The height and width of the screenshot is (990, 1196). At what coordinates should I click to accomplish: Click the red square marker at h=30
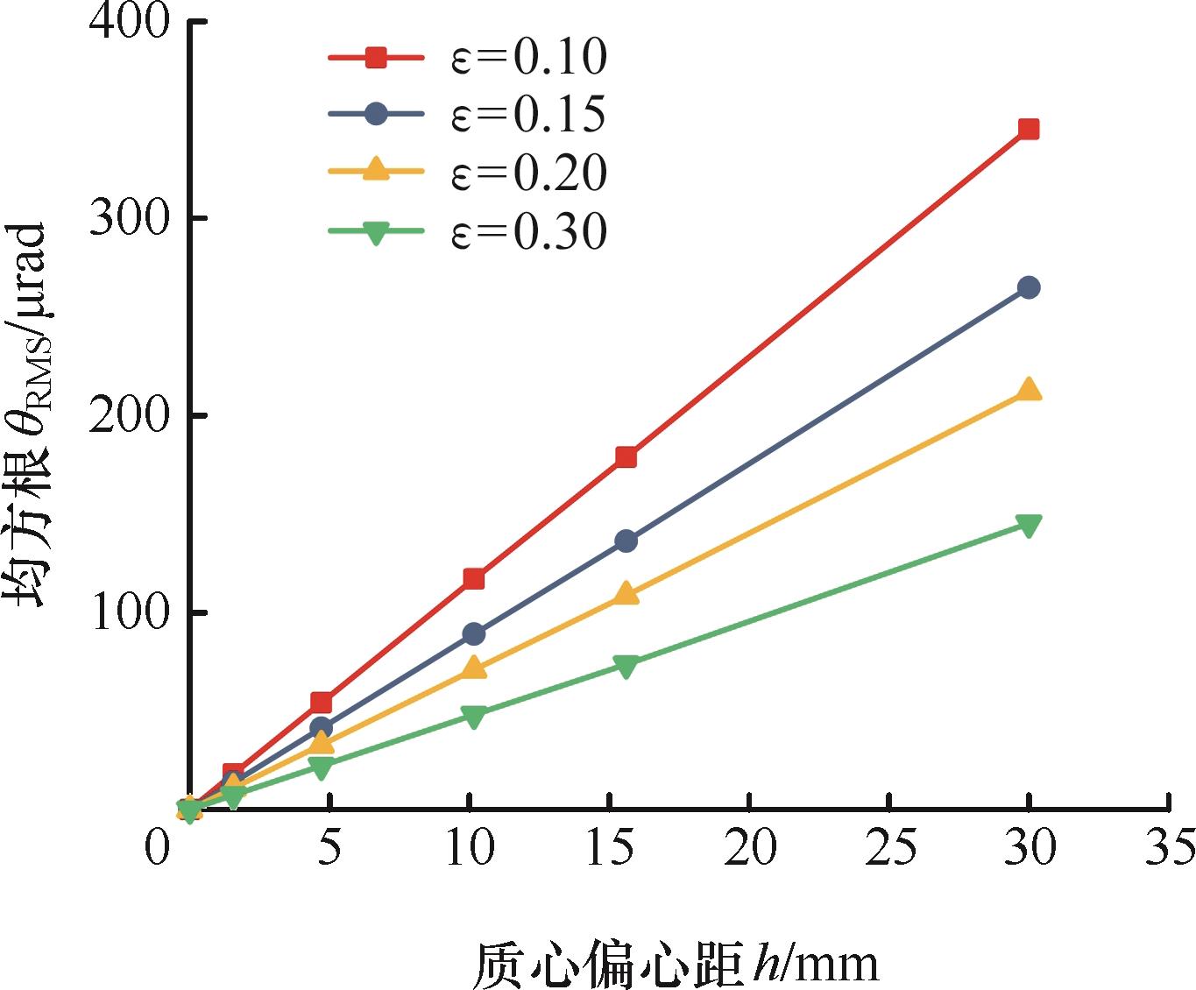[x=1029, y=130]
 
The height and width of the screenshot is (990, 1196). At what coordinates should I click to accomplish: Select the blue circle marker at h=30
[x=1029, y=287]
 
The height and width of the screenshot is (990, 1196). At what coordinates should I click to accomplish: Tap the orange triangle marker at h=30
[x=1029, y=389]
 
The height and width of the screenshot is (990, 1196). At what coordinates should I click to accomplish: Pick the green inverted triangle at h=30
[x=1029, y=526]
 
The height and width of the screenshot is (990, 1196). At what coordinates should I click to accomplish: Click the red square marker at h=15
[x=626, y=456]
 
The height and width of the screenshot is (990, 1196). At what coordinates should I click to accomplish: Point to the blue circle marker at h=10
[x=474, y=633]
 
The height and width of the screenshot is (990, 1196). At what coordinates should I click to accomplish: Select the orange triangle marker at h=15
[x=626, y=593]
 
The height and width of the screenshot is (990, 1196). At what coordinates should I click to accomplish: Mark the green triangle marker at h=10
[x=474, y=716]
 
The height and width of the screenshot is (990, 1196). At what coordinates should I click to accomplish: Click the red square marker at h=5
[x=322, y=703]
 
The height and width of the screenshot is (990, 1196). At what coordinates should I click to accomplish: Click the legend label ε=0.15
[x=528, y=115]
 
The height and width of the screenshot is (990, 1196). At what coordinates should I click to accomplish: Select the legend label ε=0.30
[x=528, y=231]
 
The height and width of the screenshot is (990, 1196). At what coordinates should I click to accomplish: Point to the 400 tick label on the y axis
[x=129, y=22]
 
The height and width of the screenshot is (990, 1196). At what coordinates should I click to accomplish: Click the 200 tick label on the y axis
[x=129, y=415]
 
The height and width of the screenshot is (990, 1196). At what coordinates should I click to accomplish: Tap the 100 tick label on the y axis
[x=130, y=612]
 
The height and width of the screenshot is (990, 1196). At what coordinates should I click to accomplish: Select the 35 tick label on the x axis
[x=1170, y=847]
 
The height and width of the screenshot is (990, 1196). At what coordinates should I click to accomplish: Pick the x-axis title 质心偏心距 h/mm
[x=676, y=964]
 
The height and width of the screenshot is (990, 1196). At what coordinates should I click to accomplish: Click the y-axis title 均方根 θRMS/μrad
[x=25, y=414]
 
